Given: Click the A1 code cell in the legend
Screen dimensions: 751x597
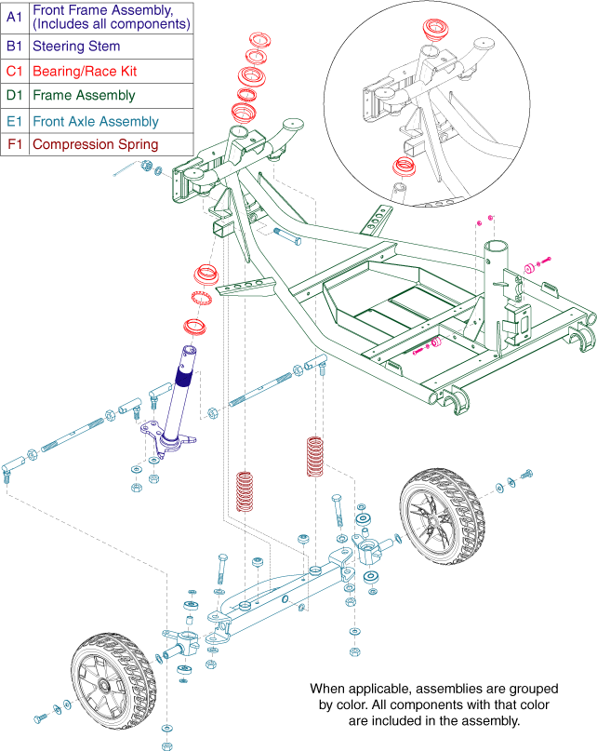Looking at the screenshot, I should click(14, 16).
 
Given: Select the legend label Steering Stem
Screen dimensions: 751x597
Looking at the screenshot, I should click(75, 46).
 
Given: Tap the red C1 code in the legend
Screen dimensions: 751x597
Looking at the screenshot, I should click(14, 70).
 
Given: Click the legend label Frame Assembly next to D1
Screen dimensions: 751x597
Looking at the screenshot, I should click(83, 95).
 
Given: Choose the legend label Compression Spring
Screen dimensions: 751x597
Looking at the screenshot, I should click(95, 144).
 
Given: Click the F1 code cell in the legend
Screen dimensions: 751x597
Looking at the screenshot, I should click(14, 144).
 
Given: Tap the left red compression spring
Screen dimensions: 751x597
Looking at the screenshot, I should click(245, 491).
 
